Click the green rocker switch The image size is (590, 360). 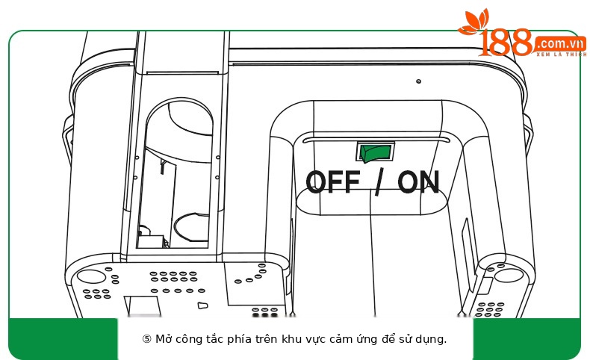click(x=375, y=152)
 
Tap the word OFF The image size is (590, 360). click(x=332, y=181)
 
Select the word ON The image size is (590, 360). click(x=418, y=181)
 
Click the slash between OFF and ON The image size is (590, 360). click(x=379, y=181)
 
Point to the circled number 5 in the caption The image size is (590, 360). click(x=146, y=339)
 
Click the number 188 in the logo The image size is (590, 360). click(x=506, y=43)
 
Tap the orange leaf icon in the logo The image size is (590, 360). click(x=473, y=22)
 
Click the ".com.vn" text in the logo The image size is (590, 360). click(x=560, y=43)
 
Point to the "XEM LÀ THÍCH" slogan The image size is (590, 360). click(x=562, y=55)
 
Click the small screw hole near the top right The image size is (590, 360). click(x=418, y=81)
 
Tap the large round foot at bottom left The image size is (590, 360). click(x=91, y=276)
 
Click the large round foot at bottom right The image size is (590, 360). click(x=509, y=276)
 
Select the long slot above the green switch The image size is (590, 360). click(x=376, y=140)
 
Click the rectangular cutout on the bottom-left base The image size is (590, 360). click(x=143, y=305)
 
